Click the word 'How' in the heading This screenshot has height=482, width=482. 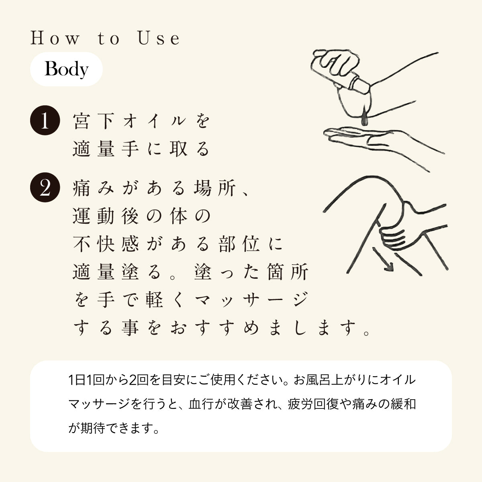click(55, 38)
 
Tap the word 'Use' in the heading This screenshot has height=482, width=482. click(159, 38)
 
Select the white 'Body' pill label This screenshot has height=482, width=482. click(66, 69)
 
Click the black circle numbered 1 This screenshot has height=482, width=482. click(45, 120)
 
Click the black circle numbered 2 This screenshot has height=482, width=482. click(45, 187)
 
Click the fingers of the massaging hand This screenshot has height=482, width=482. click(392, 239)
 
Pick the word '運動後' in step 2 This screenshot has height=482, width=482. click(106, 216)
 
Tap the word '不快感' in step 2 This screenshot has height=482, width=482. click(106, 244)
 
